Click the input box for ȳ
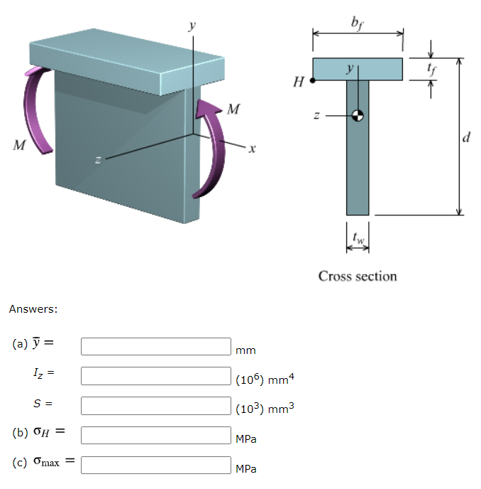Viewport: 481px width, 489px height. point(155,346)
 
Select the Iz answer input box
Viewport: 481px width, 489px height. point(155,375)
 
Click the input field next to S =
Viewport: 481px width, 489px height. point(155,405)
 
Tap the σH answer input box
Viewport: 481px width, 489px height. point(155,435)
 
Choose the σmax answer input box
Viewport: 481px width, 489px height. point(155,465)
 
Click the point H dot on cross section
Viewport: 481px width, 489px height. point(313,81)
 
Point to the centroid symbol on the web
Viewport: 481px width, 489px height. point(358,116)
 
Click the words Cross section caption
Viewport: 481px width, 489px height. point(358,276)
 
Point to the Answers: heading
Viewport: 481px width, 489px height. point(33,309)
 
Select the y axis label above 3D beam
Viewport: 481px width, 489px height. point(190,25)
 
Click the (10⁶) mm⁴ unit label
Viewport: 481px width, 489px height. point(264,380)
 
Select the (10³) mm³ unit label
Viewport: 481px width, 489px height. point(264,409)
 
